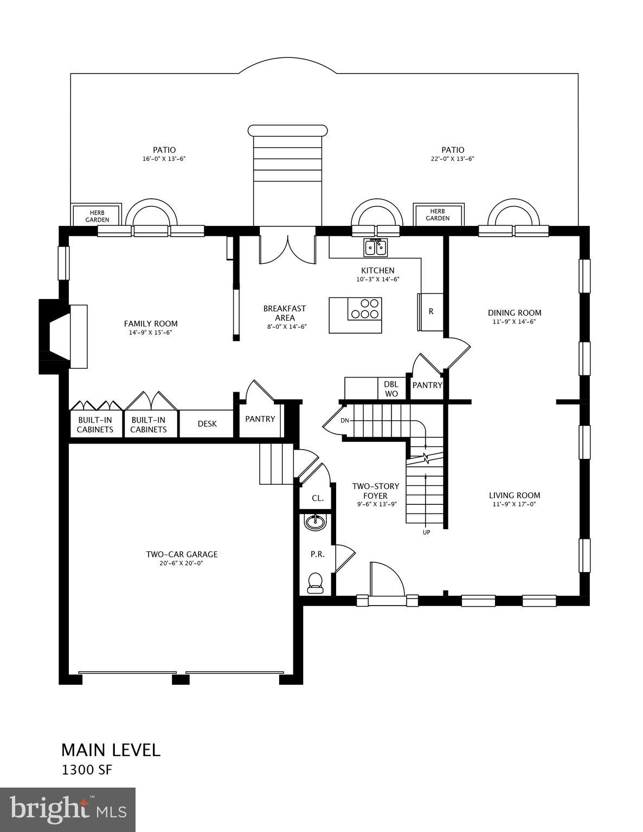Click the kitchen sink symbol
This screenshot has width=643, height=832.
click(375, 248)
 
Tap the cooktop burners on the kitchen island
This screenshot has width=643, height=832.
click(364, 309)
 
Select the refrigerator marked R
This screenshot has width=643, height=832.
click(430, 311)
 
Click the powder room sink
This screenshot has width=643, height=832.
click(316, 522)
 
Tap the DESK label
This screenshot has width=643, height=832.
click(207, 424)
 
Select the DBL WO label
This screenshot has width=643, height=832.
click(391, 389)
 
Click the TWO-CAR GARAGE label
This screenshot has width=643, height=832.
click(182, 554)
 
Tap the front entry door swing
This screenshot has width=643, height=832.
click(386, 580)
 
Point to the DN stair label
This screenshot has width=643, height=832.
click(345, 421)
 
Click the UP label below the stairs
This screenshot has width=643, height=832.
click(426, 532)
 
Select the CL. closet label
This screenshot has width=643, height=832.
click(318, 498)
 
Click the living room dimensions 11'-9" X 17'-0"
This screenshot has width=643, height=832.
click(515, 504)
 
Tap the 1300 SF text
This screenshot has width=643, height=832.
click(87, 770)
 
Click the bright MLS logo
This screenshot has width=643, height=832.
click(68, 810)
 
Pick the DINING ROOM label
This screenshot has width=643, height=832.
click(515, 313)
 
